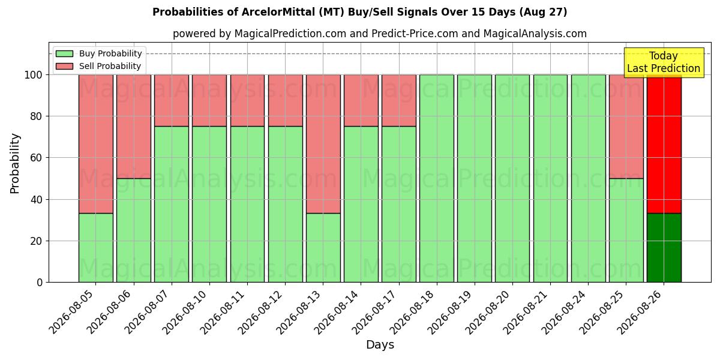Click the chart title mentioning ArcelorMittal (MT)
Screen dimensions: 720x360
pos(359,12)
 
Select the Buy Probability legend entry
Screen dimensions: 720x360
pos(98,53)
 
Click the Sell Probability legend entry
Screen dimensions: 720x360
pos(98,66)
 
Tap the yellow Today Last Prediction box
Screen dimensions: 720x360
pos(664,62)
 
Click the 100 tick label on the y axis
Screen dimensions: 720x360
pos(34,75)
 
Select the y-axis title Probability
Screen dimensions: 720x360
pos(15,163)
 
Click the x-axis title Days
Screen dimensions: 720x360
pos(380,344)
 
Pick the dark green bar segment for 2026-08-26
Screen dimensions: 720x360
pos(664,248)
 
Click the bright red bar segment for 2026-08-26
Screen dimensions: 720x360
pos(664,144)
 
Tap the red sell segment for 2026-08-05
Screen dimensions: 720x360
pos(96,144)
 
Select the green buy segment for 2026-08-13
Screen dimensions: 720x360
pos(323,248)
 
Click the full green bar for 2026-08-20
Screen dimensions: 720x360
pos(512,178)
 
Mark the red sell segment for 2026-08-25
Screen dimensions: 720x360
pos(626,127)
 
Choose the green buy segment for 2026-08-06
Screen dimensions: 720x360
pos(134,230)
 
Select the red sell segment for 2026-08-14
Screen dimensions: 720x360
pos(361,101)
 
